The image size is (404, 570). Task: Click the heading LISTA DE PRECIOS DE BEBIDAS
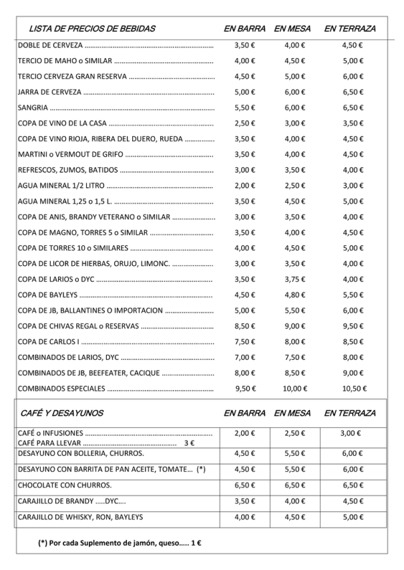92,29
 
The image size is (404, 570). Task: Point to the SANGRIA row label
33,107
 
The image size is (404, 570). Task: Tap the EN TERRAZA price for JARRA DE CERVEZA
352,92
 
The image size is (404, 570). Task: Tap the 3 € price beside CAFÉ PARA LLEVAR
189,443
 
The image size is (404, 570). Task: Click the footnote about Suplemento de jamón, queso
120,543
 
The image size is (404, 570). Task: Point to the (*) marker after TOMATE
201,469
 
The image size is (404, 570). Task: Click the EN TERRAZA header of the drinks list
350,29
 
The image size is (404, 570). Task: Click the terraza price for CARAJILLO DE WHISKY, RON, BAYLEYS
352,517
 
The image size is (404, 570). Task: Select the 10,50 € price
352,388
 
